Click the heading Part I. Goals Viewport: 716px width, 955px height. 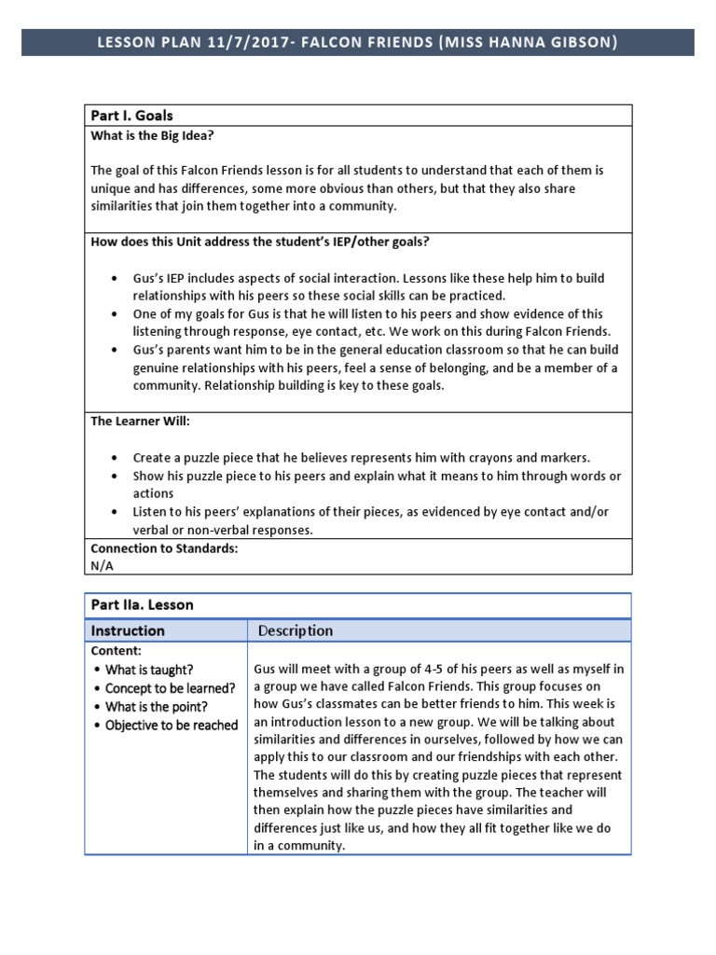point(131,116)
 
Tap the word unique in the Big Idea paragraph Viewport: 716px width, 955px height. point(110,188)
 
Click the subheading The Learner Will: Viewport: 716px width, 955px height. point(140,421)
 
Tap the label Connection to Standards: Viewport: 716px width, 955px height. point(164,548)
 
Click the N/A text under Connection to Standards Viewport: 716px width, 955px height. point(102,565)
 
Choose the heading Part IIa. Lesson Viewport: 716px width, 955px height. point(142,605)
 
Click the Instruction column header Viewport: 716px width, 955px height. point(128,630)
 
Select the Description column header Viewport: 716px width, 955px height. point(296,630)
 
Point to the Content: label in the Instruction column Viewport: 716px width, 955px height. point(116,651)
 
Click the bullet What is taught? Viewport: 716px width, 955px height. point(149,670)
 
